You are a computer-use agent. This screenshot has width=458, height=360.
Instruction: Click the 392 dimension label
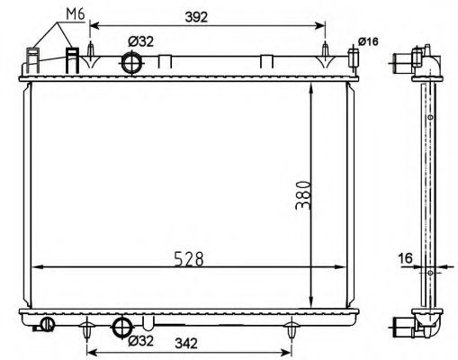(x=196, y=17)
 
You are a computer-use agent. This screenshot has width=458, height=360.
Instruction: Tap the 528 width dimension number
(x=189, y=259)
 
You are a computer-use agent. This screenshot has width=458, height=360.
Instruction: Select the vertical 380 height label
(x=303, y=195)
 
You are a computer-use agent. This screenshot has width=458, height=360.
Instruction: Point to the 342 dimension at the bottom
(x=186, y=344)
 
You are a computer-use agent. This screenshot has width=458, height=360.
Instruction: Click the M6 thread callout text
(x=76, y=14)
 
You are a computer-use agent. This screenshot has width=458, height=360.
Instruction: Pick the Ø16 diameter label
(x=368, y=41)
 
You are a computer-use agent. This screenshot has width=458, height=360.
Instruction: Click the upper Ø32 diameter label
(x=140, y=41)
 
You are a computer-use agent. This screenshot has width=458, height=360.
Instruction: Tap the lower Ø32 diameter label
(x=140, y=340)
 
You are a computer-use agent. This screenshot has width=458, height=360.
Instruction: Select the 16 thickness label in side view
(x=405, y=258)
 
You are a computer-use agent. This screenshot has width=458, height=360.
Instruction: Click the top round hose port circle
(x=131, y=62)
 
